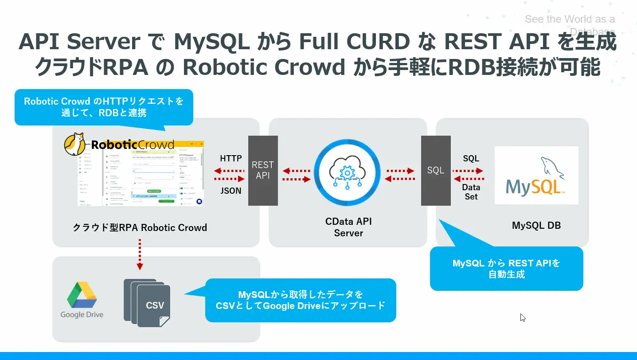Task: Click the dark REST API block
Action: coord(263,171)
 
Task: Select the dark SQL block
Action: coord(435,171)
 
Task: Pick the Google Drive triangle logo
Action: coord(82,295)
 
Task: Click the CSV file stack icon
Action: coord(149,302)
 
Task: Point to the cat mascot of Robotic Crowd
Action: coord(76,144)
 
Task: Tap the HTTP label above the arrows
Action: coord(231,158)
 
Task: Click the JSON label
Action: coord(231,191)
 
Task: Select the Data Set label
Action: coord(471,192)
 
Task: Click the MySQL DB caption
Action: coord(536,226)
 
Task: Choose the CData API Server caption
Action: coord(348,227)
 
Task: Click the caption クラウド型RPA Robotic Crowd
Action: coord(140,228)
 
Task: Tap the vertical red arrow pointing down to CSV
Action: coord(140,254)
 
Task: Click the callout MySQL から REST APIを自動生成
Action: coord(506,269)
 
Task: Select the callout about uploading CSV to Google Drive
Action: coord(300,300)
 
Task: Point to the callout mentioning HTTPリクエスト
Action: coord(104,107)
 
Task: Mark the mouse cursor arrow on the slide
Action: coord(523,317)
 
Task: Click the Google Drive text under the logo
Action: coord(82,315)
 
